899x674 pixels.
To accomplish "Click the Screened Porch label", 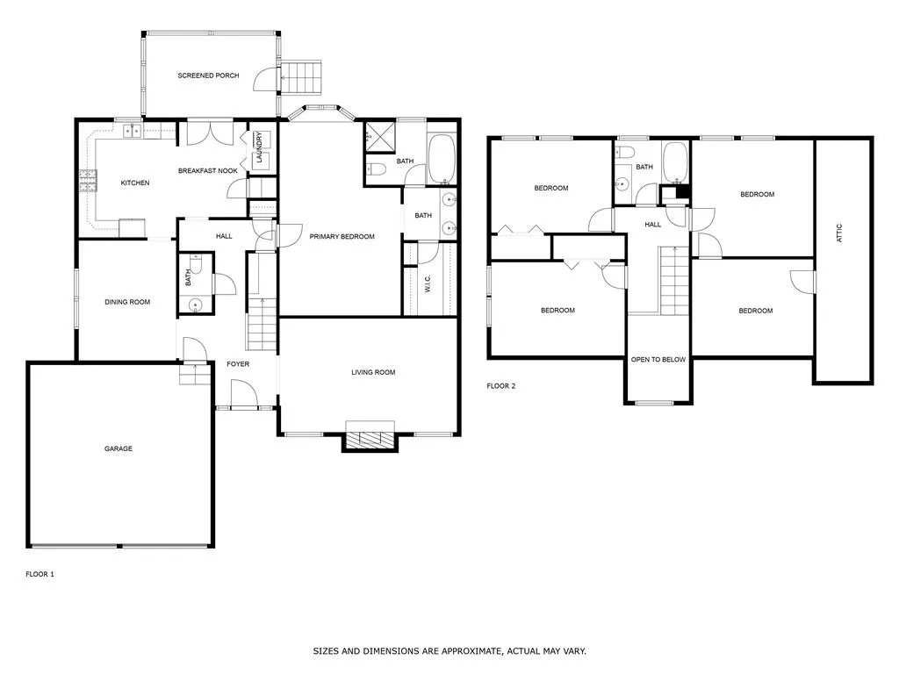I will point(208,75).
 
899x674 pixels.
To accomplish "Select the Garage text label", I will point(119,448).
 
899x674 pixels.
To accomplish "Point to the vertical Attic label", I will point(839,233).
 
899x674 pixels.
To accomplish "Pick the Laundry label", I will point(260,142).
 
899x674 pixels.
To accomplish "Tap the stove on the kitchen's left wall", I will point(88,180).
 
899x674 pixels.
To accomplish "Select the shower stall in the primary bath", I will point(380,136).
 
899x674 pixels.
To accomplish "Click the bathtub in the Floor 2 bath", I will point(675,161).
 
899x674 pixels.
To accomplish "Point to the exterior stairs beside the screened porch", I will point(301,77).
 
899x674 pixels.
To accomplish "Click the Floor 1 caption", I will point(40,574).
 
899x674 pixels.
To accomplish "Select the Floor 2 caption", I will point(501,386).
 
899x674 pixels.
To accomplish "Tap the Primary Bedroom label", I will point(342,237).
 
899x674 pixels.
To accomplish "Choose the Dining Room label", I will point(127,302).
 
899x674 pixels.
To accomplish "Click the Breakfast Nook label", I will point(208,170).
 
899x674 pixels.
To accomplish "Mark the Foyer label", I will point(238,363).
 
